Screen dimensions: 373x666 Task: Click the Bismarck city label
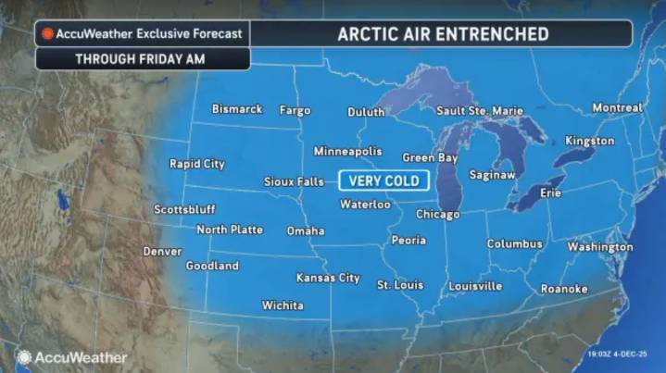point(237,109)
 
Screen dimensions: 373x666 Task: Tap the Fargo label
point(295,110)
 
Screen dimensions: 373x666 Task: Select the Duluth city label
point(366,112)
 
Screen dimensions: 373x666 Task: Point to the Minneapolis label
point(347,151)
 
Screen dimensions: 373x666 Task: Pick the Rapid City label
point(196,164)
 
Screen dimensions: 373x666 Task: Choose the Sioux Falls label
point(294,181)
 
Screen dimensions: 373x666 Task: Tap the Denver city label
point(162,251)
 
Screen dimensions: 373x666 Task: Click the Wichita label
point(283,305)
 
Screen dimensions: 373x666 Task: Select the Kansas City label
point(328,278)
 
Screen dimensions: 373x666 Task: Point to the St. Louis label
point(400,285)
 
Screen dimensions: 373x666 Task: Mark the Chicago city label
point(437,215)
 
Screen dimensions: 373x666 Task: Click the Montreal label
point(617,108)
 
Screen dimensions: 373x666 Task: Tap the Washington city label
point(599,247)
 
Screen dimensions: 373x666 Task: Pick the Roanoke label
point(564,289)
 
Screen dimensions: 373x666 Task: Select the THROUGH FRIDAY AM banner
point(142,58)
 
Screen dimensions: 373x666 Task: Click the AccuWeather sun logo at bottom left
point(23,357)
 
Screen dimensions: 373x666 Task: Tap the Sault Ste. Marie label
point(479,111)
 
